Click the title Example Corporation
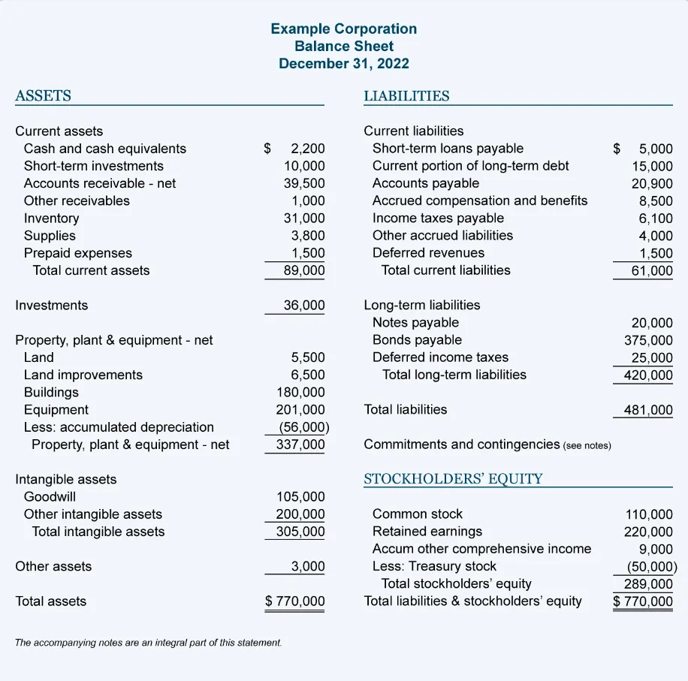coord(343,29)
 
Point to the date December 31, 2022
coord(343,63)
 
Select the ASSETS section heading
coord(44,95)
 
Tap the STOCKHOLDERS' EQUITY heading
coord(453,479)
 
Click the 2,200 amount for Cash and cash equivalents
coord(307,149)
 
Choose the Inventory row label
coord(51,218)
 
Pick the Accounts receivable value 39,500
coord(304,183)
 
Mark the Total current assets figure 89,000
coord(304,270)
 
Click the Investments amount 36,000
coord(304,306)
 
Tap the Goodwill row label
coord(50,497)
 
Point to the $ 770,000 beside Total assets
coord(295,601)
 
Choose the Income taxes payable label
coord(438,218)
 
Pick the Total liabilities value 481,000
coord(648,410)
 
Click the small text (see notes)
coord(587,446)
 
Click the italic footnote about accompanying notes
coord(149,643)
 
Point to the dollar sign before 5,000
coord(617,149)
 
